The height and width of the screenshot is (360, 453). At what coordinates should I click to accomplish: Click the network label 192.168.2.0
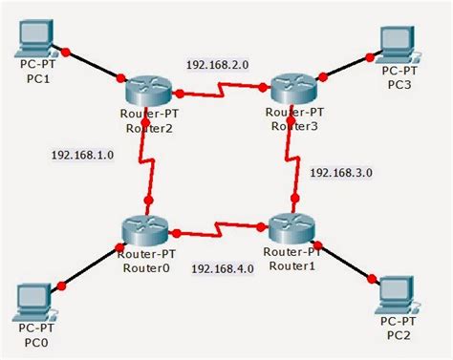pos(218,66)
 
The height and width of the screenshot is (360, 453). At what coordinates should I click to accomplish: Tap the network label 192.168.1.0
pos(83,155)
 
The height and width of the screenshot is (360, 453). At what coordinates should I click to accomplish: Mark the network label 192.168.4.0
pos(223,268)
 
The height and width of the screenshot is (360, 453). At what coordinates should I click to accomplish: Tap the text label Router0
pos(145,268)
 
